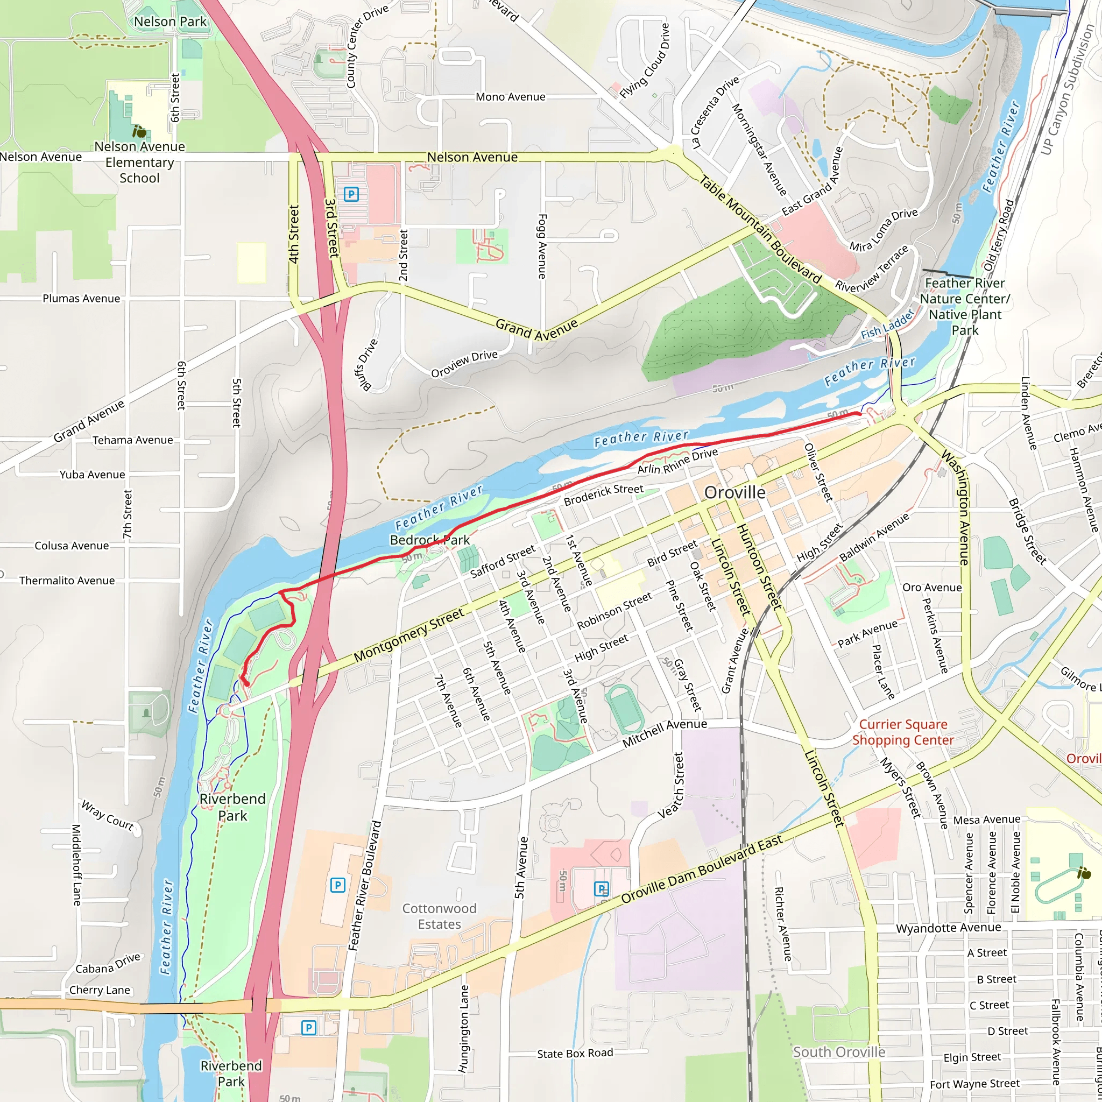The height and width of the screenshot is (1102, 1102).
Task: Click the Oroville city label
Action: click(734, 492)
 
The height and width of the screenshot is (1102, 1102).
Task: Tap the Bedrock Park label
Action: click(429, 540)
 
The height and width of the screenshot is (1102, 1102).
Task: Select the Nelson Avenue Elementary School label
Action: click(139, 162)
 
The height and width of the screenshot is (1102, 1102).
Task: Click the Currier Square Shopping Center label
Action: click(903, 732)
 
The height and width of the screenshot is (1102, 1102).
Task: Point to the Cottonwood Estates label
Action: click(439, 916)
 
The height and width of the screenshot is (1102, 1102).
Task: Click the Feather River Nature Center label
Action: click(965, 306)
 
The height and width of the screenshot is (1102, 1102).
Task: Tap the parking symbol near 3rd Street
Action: click(351, 194)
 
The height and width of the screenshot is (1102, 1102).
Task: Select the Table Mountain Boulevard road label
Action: click(760, 229)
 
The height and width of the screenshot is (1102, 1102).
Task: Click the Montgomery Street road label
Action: click(408, 635)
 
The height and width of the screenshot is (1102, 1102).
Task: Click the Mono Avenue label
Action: click(510, 97)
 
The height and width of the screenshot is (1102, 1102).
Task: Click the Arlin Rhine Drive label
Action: click(677, 461)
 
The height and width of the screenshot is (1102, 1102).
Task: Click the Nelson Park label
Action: click(170, 22)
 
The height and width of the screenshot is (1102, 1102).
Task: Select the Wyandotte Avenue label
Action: click(948, 928)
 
